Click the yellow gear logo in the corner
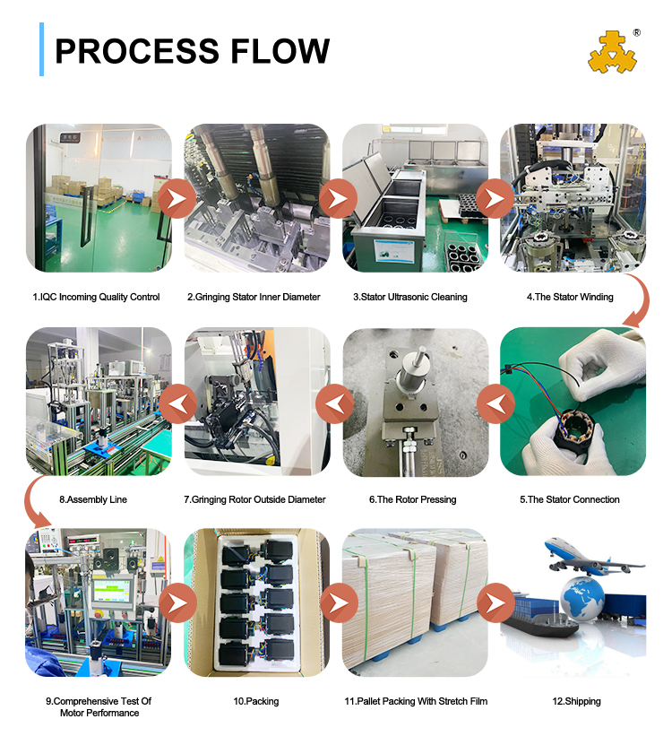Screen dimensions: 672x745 coord(612,52)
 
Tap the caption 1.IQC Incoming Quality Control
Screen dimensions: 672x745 coord(96,297)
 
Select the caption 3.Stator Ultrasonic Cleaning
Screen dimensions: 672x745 coord(409,297)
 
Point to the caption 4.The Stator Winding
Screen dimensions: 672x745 coord(570,297)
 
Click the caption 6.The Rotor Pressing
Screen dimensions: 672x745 coord(413,499)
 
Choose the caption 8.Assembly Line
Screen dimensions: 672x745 coord(93,499)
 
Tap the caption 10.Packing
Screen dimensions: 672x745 coord(256,701)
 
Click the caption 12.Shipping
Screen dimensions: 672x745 coord(576,701)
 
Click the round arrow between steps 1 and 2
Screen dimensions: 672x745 coord(177,199)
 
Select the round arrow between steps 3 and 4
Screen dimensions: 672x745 coord(495,199)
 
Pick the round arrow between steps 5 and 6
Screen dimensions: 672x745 coord(495,404)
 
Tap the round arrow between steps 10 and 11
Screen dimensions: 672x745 coord(339,603)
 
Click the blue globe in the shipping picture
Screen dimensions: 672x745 coord(582,598)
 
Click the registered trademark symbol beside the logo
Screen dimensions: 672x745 coord(636,33)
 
